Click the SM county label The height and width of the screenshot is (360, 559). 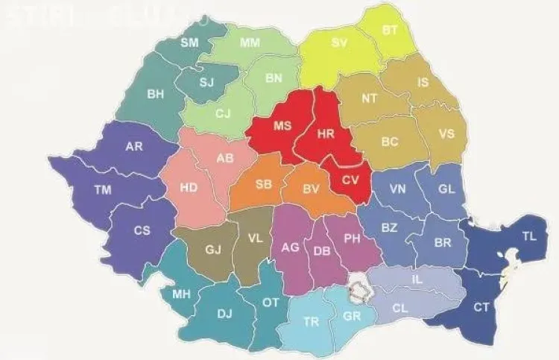189,43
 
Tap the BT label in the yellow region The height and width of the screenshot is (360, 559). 390,31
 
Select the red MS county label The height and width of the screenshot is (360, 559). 282,126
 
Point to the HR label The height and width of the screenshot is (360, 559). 326,135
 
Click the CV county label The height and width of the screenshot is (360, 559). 350,180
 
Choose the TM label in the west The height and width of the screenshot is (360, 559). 103,191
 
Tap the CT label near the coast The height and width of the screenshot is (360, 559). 481,306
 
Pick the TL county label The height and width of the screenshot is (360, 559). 529,236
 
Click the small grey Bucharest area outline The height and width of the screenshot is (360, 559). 361,288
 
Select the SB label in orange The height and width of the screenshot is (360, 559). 263,184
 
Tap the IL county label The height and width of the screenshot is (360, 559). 417,280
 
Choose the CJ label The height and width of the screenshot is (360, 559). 223,114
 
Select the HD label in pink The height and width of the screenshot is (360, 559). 189,188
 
